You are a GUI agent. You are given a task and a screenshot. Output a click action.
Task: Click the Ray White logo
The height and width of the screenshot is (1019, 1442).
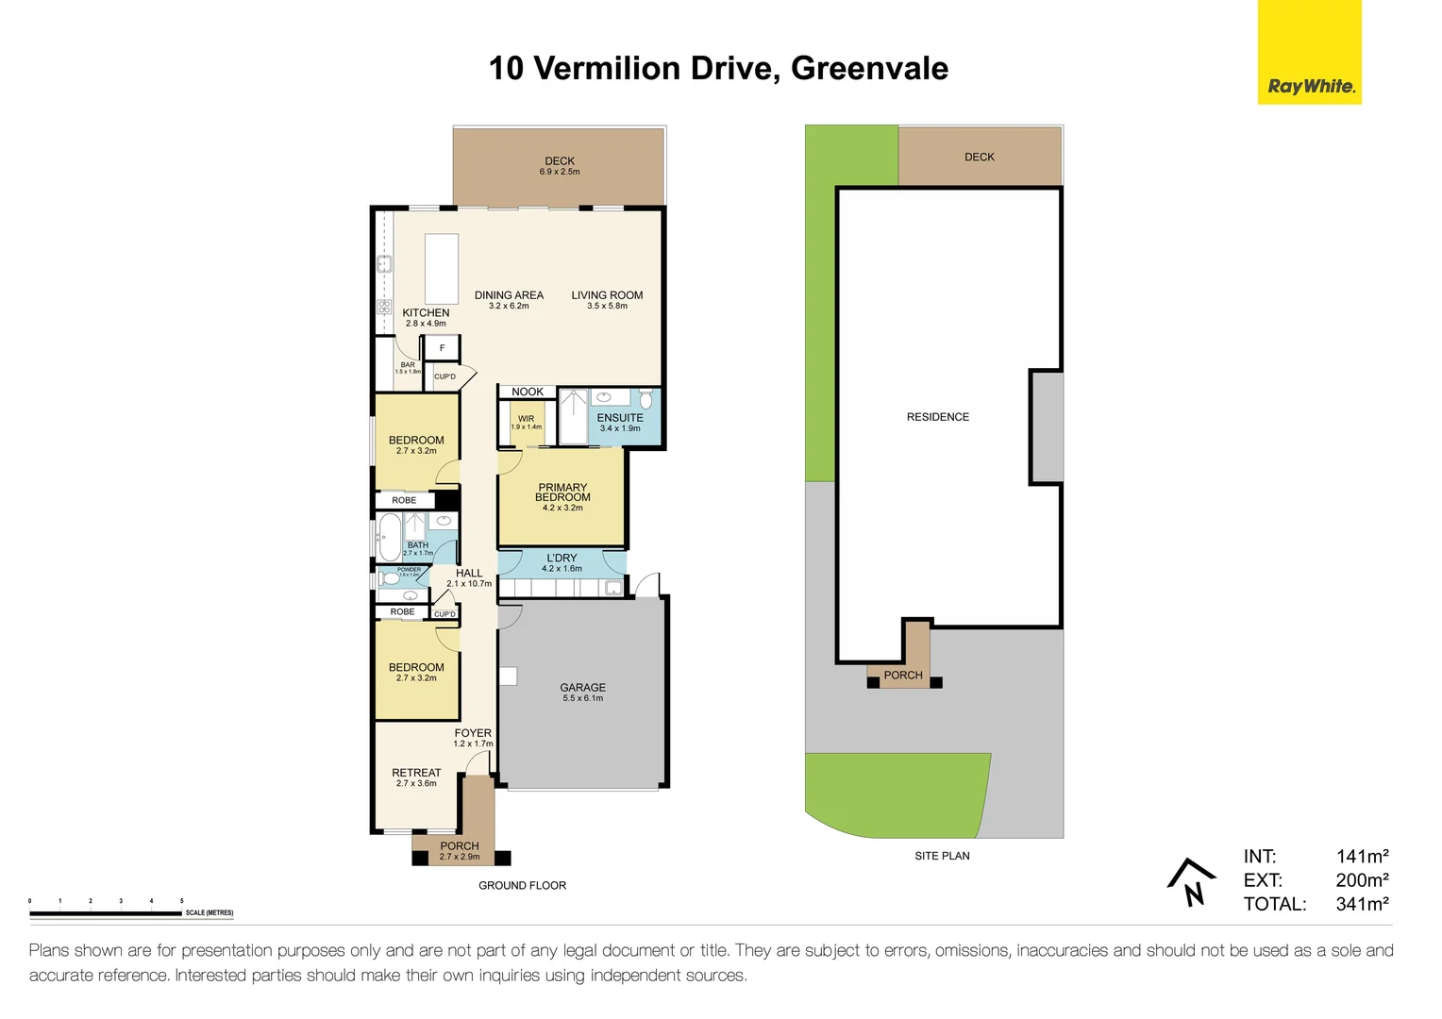1309,53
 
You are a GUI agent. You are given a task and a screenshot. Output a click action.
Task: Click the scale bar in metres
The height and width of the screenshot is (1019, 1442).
106,913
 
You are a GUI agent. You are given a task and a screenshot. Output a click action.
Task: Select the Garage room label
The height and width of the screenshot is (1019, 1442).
582,688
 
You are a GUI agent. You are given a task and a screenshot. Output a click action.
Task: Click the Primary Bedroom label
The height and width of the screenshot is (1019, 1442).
562,493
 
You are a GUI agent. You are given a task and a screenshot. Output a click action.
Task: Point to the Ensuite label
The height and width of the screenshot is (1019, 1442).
620,418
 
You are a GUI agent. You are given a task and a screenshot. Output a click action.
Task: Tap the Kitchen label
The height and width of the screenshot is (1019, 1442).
426,313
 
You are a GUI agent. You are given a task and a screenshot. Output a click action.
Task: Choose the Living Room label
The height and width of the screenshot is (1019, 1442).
607,295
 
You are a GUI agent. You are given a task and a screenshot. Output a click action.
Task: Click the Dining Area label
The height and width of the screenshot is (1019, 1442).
509,295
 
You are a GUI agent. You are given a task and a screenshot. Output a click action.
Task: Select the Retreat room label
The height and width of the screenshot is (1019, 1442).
416,773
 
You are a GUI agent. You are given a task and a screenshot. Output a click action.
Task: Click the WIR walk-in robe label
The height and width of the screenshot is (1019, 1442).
526,419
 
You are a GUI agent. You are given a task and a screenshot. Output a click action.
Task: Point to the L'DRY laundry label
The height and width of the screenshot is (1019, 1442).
562,559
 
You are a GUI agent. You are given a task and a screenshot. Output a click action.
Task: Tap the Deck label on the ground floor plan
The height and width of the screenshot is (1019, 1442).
560,161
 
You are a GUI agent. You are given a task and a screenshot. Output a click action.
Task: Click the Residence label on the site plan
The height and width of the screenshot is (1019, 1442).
937,417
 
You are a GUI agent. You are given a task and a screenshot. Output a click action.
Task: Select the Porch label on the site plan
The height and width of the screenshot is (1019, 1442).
903,676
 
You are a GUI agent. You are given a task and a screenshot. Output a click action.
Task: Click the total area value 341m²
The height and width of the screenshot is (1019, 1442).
1362,904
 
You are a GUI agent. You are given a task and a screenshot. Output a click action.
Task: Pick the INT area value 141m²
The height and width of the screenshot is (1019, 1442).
1362,857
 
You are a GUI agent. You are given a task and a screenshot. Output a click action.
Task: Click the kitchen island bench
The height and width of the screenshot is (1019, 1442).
442,269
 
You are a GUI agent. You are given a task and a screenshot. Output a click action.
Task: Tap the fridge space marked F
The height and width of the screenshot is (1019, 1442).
442,348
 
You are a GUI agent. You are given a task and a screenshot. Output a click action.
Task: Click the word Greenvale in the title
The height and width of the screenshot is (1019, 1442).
869,69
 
